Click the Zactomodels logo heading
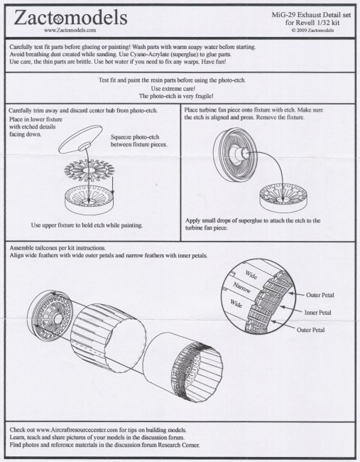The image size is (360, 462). tap(70, 17)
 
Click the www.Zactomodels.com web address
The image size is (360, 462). tap(70, 30)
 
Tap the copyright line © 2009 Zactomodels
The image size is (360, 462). tap(312, 30)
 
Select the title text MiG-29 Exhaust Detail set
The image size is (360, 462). tap(311, 15)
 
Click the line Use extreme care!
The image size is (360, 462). tap(173, 88)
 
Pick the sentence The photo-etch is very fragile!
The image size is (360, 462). tap(176, 96)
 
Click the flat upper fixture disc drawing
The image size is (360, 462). tap(80, 139)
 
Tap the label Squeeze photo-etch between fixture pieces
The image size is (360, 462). tap(139, 141)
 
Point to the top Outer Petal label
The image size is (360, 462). tap(320, 295)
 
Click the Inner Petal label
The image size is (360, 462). tap(317, 312)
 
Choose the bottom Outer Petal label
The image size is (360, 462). tap(310, 330)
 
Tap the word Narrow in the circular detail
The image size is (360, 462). tap(242, 287)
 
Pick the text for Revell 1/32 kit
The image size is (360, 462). tap(312, 23)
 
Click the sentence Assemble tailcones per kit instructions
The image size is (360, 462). tap(58, 248)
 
